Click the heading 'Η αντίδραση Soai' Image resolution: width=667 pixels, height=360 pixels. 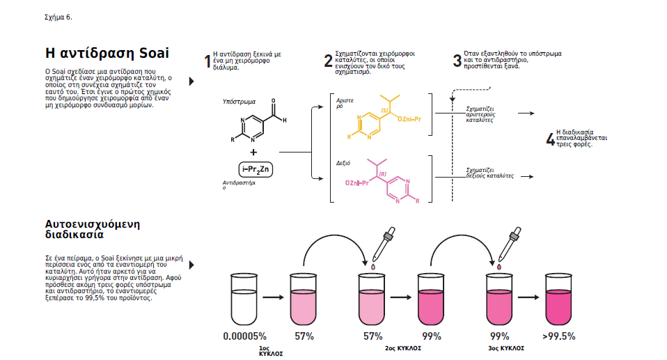coord(107,53)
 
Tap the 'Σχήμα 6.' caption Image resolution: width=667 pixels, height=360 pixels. coord(58,17)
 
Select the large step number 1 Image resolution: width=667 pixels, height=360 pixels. coord(207,61)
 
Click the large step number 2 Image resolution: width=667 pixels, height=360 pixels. coord(328,61)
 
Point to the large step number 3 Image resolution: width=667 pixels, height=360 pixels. coord(457,61)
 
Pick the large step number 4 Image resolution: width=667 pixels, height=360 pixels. coord(551,139)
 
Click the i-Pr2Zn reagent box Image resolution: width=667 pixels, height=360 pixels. coord(256,169)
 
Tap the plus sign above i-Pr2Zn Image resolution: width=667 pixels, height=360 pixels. coord(253,152)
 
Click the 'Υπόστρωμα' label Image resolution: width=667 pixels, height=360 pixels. coord(239,102)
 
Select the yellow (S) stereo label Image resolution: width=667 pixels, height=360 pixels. coord(385,110)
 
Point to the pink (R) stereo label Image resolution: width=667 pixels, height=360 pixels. coord(382,173)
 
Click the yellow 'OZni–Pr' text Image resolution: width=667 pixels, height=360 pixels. coord(409,119)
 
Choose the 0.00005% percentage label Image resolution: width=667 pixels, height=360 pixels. coord(244,336)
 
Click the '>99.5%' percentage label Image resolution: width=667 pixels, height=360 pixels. coord(559,336)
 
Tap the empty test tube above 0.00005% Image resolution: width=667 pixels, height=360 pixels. coord(244,299)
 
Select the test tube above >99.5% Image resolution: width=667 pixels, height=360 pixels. coord(558,299)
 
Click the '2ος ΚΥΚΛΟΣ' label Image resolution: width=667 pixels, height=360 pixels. coord(403,348)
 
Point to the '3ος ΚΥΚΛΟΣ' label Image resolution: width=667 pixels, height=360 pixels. coord(506,348)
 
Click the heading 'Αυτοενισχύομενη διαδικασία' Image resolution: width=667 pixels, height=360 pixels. coord(93,229)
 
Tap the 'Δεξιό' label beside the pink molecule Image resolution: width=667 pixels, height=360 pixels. coord(343,163)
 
